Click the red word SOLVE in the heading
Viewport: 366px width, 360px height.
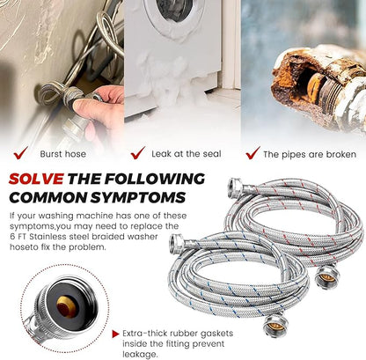36,179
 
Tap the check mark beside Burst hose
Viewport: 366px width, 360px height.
21,153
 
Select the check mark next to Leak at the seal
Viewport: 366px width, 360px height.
138,153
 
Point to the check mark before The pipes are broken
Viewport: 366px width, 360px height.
253,153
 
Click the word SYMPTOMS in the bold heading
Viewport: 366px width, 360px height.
138,197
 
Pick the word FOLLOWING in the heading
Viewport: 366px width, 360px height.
155,179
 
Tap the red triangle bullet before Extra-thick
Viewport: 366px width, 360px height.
116,334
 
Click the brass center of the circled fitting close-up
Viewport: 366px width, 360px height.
66,307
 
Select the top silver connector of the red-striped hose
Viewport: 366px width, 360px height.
236,187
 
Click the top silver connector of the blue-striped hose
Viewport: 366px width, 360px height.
177,242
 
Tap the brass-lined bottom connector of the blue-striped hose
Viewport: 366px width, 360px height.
275,325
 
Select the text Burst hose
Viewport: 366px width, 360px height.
63,154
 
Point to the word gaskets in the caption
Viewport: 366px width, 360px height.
216,334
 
